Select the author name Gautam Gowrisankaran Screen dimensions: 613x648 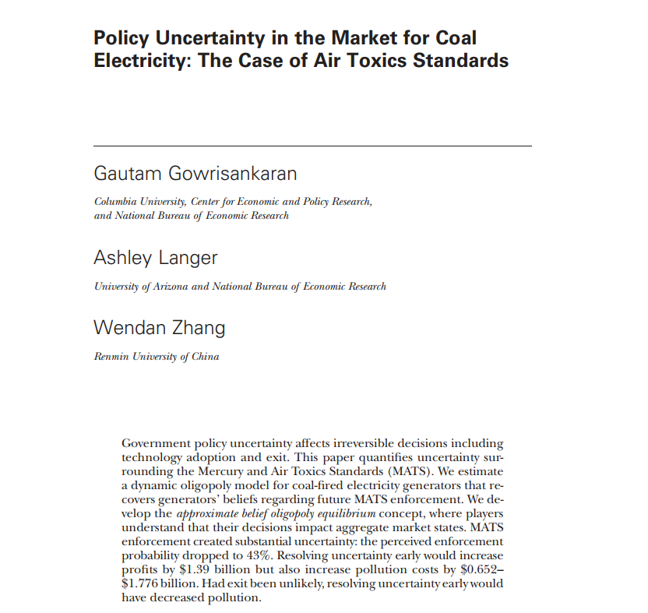pyautogui.click(x=195, y=173)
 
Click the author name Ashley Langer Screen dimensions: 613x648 pyautogui.click(x=156, y=257)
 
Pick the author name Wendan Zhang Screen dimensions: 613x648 pyautogui.click(x=159, y=328)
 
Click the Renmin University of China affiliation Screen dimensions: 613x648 pyautogui.click(x=157, y=357)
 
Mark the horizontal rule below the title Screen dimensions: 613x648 pyautogui.click(x=312, y=146)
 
